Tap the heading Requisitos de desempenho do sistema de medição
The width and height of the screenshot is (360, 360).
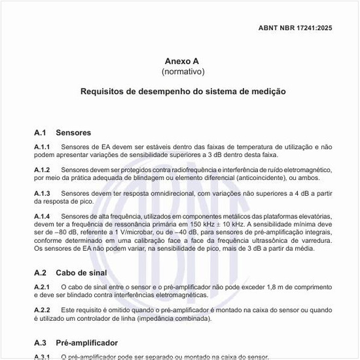click(x=183, y=92)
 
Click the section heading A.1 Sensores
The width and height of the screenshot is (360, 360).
click(x=62, y=132)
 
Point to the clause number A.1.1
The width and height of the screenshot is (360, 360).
click(x=42, y=147)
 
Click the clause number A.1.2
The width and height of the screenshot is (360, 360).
click(x=42, y=170)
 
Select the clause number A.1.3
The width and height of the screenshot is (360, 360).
click(x=42, y=193)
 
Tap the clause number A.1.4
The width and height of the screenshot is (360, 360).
click(x=42, y=216)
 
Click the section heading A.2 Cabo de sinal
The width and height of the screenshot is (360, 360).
click(x=70, y=272)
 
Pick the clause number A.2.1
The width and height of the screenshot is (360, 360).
click(x=42, y=287)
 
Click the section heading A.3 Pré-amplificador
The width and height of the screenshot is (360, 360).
click(x=76, y=342)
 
